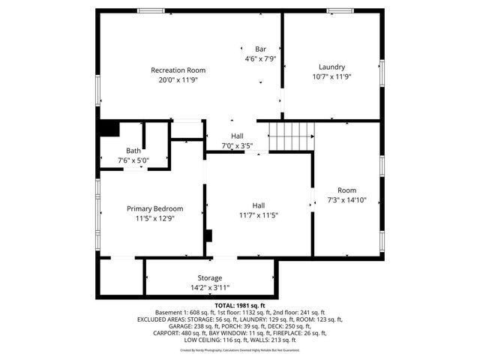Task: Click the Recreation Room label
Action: (x=178, y=70)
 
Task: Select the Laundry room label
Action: (x=331, y=66)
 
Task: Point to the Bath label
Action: (x=133, y=150)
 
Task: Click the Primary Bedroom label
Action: (x=159, y=208)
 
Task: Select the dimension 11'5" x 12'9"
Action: (x=159, y=218)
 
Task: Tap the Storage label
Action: (x=209, y=277)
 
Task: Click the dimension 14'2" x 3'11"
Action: (x=209, y=287)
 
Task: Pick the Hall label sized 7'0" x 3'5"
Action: (x=237, y=136)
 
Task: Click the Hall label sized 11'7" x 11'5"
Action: (x=258, y=205)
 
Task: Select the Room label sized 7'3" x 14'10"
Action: (x=346, y=190)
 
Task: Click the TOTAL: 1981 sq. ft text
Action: (x=239, y=306)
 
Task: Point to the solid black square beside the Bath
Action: (x=109, y=129)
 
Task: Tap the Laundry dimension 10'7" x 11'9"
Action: (x=331, y=76)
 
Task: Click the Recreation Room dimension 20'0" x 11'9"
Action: (x=178, y=79)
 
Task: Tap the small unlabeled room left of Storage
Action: (x=120, y=277)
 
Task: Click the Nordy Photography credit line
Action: (x=239, y=349)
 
